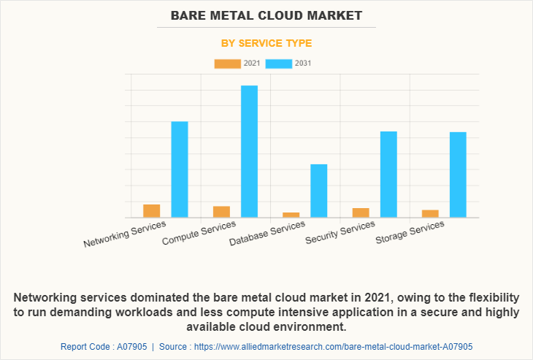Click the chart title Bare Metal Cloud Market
pos(266,15)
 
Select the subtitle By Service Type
pos(266,43)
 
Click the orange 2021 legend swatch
pos(227,64)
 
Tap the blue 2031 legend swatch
pos(278,64)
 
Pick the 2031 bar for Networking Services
pos(180,169)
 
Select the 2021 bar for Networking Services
pos(152,211)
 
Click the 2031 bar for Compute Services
pos(249,151)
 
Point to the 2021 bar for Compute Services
pos(221,212)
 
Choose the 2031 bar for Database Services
pos(318,191)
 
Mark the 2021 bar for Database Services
pos(291,215)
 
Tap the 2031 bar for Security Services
pos(388,175)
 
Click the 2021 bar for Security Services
pos(361,212)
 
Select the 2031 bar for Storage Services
pos(458,175)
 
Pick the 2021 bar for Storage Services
pos(430,214)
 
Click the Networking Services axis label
pos(125,234)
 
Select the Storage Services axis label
pos(410,233)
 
